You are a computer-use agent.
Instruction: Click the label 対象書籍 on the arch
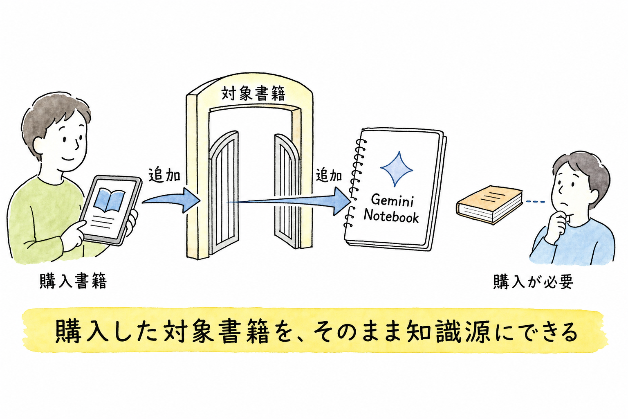[x=253, y=93]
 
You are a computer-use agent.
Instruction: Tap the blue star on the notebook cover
[x=396, y=169]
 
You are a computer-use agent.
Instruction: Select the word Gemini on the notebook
[x=392, y=200]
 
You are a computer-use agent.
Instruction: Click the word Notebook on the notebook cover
[x=391, y=216]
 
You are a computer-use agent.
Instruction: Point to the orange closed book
[x=489, y=204]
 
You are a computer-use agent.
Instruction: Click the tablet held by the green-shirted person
[x=110, y=210]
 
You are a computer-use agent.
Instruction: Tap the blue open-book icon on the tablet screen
[x=109, y=200]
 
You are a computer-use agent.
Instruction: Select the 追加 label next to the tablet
[x=164, y=176]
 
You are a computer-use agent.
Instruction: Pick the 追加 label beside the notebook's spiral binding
[x=329, y=176]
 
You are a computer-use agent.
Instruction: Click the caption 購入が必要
[x=533, y=282]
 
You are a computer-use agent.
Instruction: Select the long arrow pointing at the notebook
[x=289, y=201]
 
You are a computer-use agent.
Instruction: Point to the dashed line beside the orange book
[x=536, y=201]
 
